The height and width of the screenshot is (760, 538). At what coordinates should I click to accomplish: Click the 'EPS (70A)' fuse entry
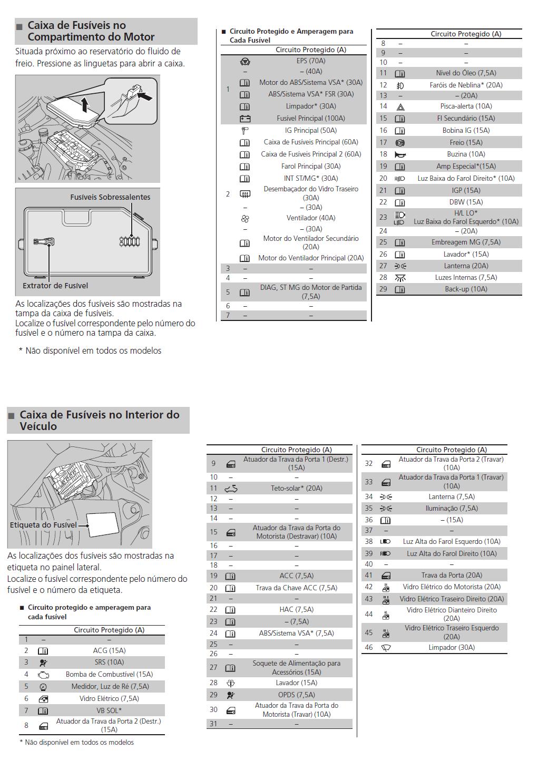pos(310,61)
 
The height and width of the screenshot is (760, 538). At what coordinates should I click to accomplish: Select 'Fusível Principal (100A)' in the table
pos(310,118)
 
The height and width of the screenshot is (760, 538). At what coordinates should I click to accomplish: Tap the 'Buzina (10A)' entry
pos(466,154)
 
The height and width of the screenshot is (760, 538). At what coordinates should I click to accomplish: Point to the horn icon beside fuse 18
pos(400,154)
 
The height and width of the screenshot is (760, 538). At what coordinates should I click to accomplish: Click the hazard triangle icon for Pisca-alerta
pos(400,106)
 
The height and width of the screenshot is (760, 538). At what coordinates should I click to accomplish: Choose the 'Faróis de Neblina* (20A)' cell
pos(466,85)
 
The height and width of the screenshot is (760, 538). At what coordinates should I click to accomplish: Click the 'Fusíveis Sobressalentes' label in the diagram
pos(110,197)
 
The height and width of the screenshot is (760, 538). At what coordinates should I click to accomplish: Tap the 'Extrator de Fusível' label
pos(55,286)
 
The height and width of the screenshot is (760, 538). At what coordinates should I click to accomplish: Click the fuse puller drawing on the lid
pos(44,242)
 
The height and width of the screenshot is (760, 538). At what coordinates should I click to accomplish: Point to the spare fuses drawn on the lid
pos(129,242)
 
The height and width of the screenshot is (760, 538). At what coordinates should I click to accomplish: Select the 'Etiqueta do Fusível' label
pos(43,525)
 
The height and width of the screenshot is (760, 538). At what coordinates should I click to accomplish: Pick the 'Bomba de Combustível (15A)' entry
pos(109,674)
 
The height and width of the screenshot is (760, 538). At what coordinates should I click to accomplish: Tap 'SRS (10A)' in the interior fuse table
pos(109,662)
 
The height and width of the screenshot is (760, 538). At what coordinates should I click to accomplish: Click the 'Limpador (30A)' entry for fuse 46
pos(451,647)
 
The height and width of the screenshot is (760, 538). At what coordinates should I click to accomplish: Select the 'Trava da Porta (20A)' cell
pos(451,575)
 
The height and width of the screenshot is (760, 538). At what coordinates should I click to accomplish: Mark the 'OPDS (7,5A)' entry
pos(296,695)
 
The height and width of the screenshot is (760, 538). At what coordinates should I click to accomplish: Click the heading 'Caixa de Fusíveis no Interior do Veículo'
pos(99,420)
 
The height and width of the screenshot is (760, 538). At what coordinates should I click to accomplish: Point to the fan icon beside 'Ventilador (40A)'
pos(244,218)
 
